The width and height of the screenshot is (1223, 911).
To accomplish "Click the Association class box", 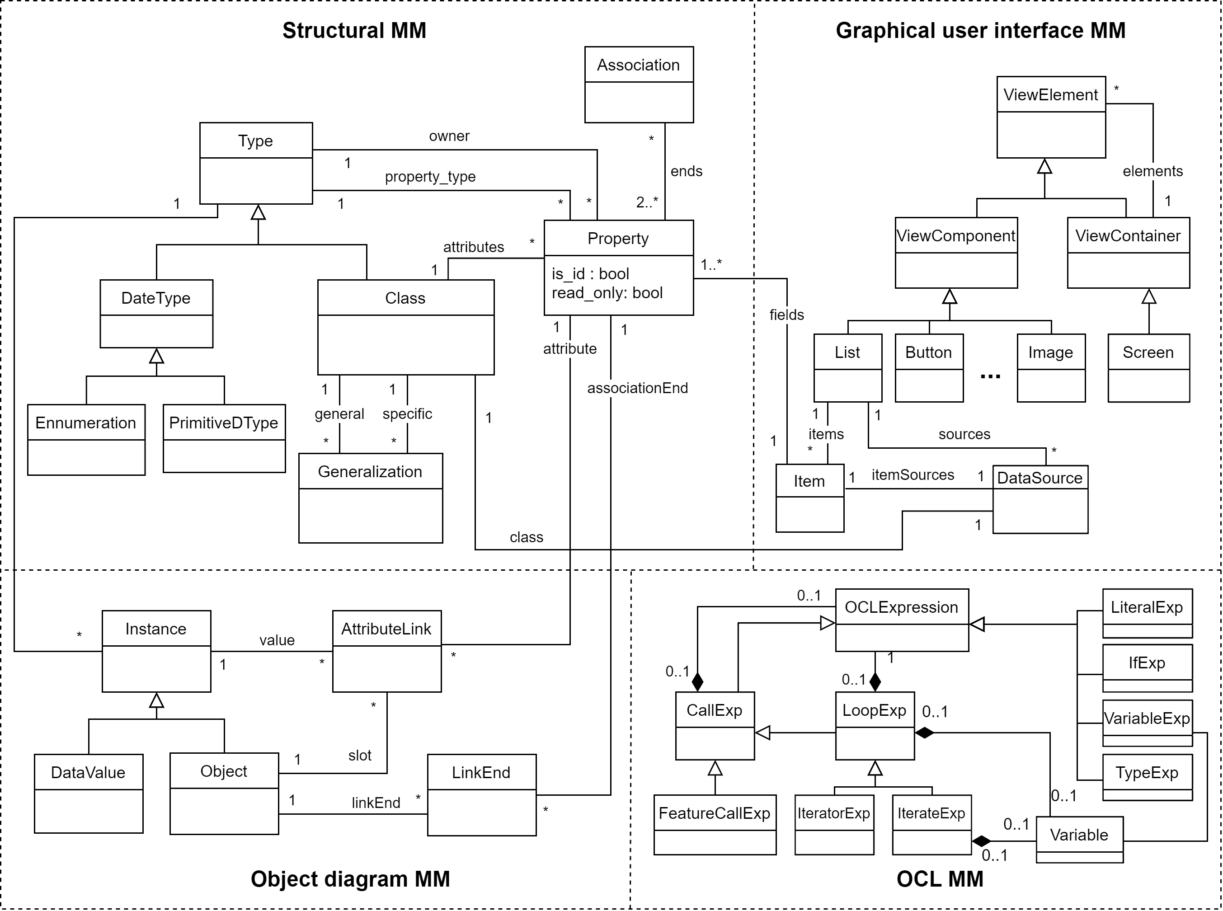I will (x=639, y=85).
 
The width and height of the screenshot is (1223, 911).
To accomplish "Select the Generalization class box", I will (x=370, y=498).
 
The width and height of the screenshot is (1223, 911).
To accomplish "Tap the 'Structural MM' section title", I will (x=354, y=30).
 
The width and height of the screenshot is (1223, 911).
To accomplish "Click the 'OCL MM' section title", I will (x=940, y=879).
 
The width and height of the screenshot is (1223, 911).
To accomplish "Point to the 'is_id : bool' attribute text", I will (x=590, y=274).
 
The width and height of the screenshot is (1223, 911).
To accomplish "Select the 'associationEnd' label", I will (x=637, y=388).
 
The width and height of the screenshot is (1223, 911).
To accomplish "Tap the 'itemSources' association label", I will (x=912, y=475).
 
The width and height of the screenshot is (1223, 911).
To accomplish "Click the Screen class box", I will (x=1148, y=367).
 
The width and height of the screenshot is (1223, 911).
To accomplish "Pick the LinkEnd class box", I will (x=481, y=795).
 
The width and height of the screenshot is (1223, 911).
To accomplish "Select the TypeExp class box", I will (x=1147, y=777).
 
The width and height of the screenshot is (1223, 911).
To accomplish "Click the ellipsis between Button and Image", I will (x=990, y=376).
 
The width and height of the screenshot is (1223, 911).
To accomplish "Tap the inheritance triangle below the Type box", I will (x=258, y=212).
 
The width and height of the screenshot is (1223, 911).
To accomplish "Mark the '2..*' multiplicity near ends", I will (x=646, y=202).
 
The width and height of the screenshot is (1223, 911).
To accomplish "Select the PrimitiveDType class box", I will (x=224, y=438).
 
